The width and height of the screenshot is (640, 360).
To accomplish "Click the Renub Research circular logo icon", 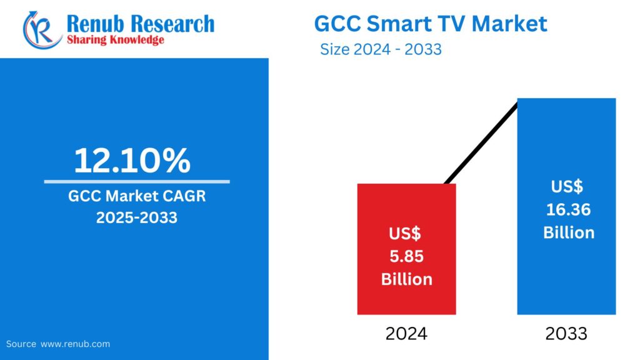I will point(42,29).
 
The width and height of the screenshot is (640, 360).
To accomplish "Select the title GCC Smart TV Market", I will point(430,23).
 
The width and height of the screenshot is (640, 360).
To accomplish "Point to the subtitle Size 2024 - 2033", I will point(381,49).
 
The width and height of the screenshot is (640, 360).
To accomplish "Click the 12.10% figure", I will point(132,161).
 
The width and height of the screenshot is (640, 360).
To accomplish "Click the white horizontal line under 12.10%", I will point(136,182).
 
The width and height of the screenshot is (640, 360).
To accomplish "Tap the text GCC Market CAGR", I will point(137,197).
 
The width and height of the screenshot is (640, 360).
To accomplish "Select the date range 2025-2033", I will point(136,218).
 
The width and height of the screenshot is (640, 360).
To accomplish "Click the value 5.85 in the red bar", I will point(406,256).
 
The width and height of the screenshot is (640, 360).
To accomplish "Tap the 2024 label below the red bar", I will point(406,334).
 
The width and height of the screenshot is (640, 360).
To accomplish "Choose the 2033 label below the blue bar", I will point(566,334).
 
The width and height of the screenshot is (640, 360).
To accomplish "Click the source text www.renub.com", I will point(75,344).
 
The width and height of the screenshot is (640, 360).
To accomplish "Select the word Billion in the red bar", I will point(406,279).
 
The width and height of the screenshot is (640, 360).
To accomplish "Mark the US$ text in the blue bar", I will point(567,186).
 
